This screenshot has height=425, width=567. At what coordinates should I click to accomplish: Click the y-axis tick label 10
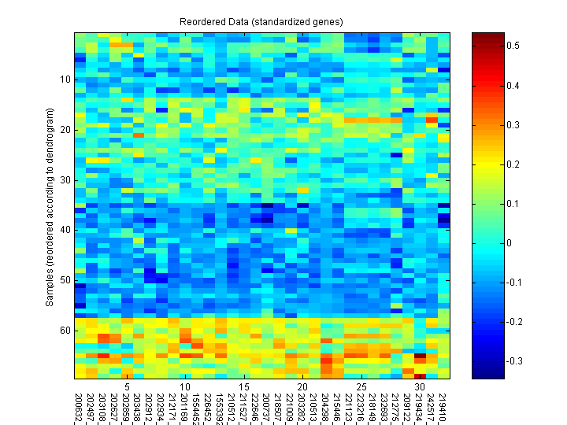tap(65, 79)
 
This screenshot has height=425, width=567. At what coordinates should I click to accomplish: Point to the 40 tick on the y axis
tap(65, 230)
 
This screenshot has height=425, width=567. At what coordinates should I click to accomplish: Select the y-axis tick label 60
tap(65, 331)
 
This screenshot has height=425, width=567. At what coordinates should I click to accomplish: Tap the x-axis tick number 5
tap(126, 387)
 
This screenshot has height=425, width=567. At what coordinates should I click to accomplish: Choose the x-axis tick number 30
tap(421, 387)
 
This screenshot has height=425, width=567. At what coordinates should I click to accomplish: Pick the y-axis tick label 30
tap(65, 180)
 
